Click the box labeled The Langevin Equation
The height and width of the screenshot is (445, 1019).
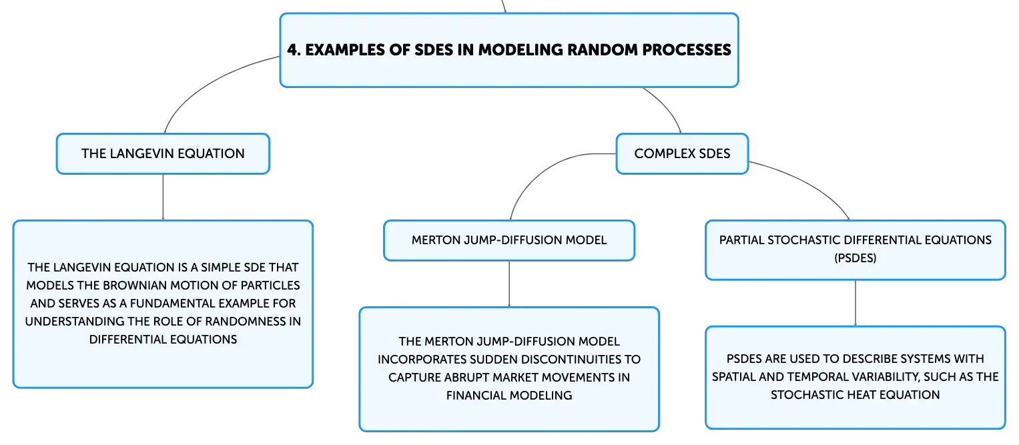coord(163,154)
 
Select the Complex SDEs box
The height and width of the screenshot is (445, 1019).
coord(682,154)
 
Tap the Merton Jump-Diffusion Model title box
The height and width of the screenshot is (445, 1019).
coord(509,240)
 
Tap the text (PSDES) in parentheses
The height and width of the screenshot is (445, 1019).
coord(856,258)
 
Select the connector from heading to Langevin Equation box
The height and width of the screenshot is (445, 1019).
coord(210,83)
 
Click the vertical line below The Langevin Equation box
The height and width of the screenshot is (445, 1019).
coord(163,197)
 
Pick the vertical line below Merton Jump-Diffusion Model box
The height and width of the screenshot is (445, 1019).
coord(509,284)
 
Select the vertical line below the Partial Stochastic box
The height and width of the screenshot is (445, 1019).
coord(856,303)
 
